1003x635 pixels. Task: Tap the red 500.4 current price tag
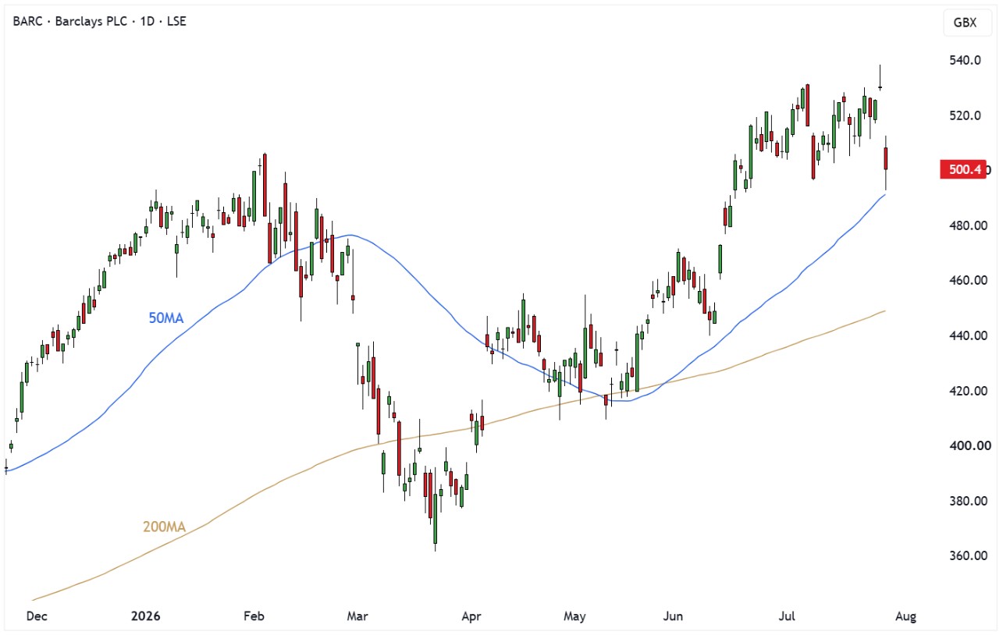(962, 169)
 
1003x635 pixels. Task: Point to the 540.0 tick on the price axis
(965, 60)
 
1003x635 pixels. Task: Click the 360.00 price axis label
(968, 555)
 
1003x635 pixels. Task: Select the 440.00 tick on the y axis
(968, 335)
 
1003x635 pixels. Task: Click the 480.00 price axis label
(968, 225)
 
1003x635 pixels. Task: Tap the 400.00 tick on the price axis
(968, 445)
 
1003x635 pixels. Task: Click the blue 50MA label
(166, 318)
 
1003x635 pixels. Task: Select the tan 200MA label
(164, 527)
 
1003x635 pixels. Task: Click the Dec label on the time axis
(37, 616)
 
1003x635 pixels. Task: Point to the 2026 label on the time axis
(145, 616)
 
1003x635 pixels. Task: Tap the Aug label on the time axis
(905, 616)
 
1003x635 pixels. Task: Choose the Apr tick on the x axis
(471, 616)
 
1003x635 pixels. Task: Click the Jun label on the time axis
(673, 616)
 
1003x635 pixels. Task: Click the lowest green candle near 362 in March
(435, 518)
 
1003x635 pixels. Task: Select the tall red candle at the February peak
(265, 185)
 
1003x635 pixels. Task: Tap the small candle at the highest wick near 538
(880, 87)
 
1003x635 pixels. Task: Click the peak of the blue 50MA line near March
(350, 235)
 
